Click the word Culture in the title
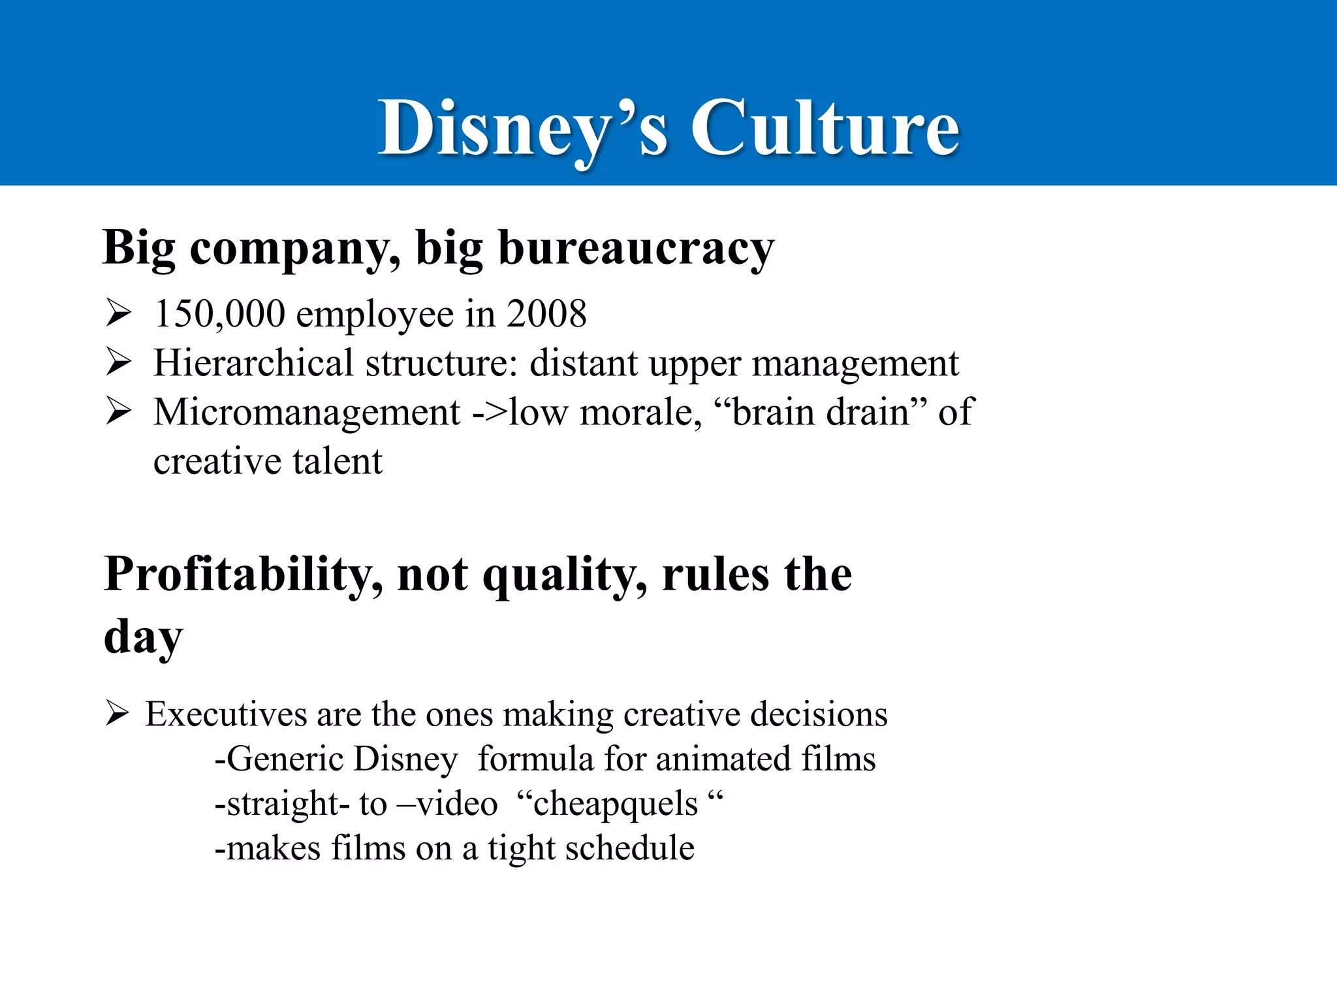coord(825,128)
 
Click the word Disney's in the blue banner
coord(523,128)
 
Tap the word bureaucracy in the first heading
coord(636,249)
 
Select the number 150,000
coord(219,313)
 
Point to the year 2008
coord(546,313)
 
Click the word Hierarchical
coord(253,363)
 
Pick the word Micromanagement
coord(307,413)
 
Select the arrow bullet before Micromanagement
coord(119,411)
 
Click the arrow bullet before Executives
coord(118,713)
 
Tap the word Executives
coord(225,714)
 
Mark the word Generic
coord(285,759)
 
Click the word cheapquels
coord(616,804)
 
